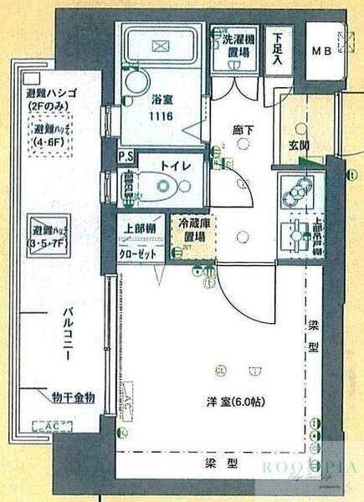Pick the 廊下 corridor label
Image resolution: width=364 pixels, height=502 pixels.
(243, 129)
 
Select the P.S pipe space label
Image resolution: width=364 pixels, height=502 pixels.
(126, 156)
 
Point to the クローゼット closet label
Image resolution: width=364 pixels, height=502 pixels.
(136, 250)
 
